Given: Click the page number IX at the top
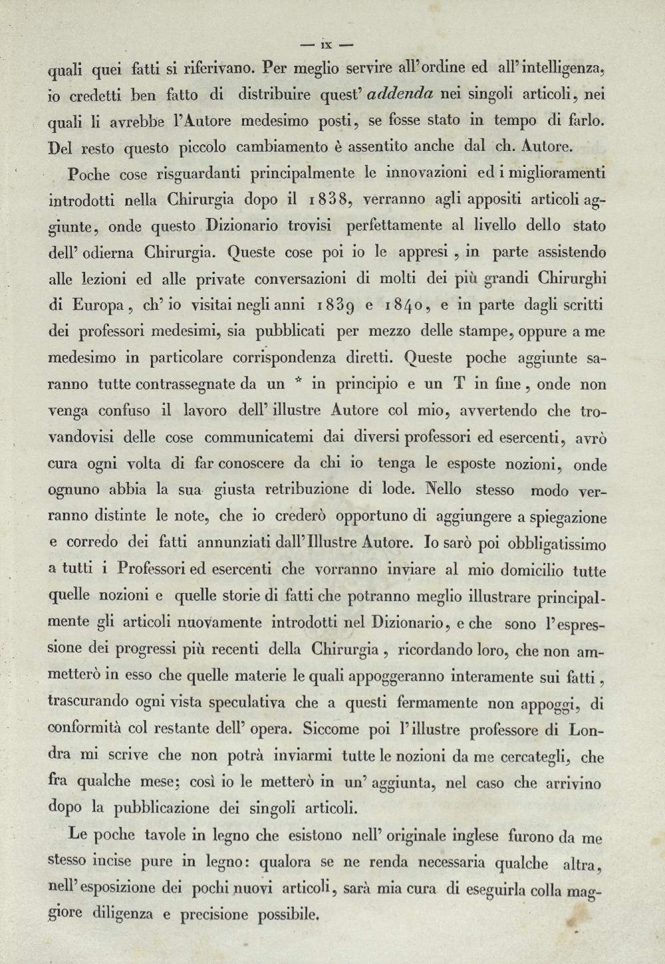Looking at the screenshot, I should coord(326,46).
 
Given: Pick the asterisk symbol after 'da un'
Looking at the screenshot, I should coord(298,382).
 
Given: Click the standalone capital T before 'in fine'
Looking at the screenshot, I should coord(480,384).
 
